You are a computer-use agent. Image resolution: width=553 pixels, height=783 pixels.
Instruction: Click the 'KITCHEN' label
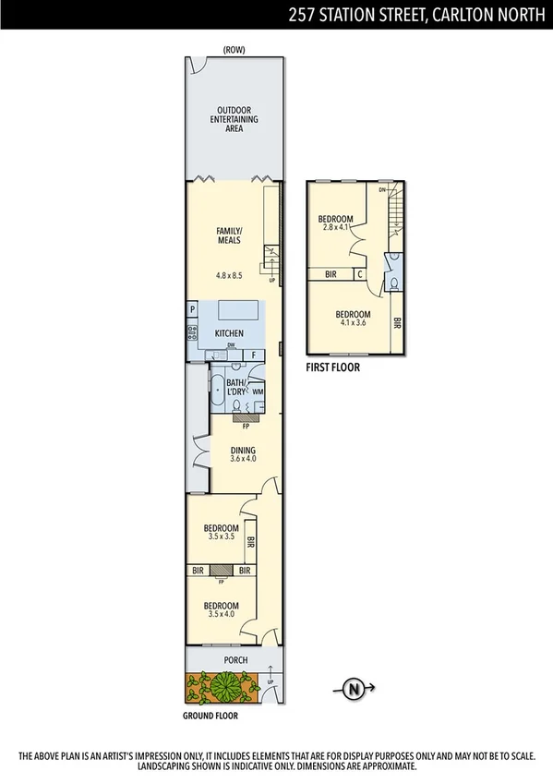pos(229,332)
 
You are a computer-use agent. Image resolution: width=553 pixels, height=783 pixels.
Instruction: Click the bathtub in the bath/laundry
pos(217,389)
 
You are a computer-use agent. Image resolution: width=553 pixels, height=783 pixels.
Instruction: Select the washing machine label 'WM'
pos(258,392)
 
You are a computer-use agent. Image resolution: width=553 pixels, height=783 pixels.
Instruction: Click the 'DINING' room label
pos(243,450)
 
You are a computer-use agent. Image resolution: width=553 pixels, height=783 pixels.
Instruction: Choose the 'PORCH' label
pos(226,660)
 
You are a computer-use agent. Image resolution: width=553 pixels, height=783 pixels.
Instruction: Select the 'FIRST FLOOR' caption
pos(332,367)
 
